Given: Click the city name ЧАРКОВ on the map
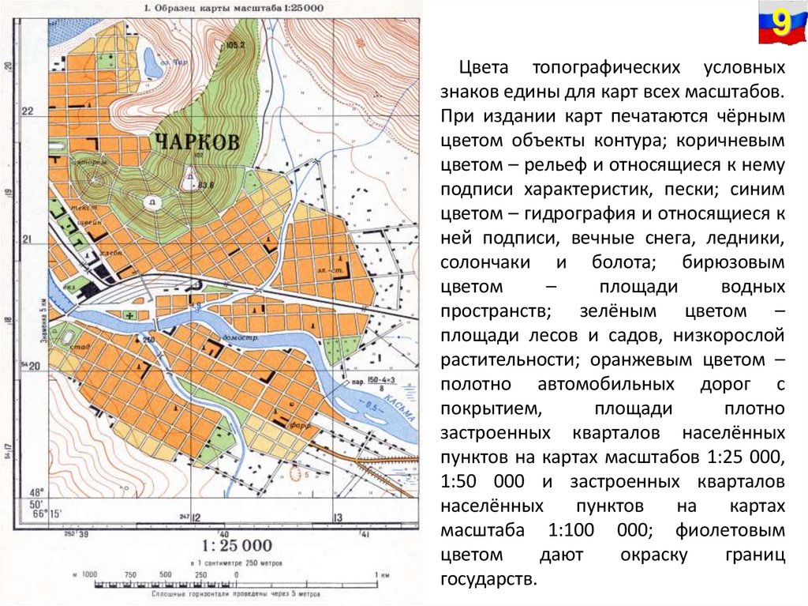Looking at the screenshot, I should point(196,143).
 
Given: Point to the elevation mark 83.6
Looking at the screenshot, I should point(207,185).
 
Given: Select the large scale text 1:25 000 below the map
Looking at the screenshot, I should point(236,545).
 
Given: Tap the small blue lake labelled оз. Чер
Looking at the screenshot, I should point(153,62).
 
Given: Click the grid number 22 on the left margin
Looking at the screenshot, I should point(27,111).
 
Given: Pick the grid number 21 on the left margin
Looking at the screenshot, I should point(27,239).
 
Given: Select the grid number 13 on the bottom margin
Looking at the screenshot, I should point(337,518).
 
